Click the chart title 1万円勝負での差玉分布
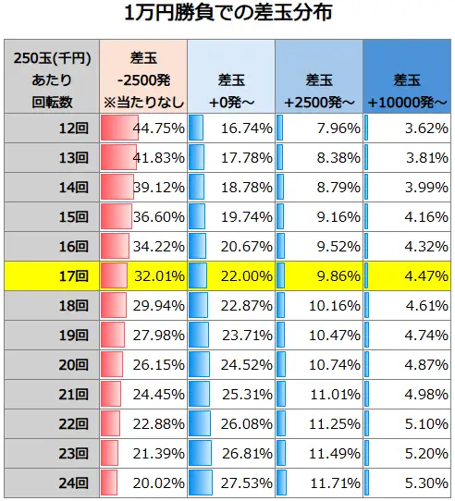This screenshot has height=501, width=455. pyautogui.click(x=227, y=15)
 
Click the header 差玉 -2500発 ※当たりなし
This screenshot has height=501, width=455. pyautogui.click(x=143, y=79)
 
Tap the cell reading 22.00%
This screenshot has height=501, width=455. pyautogui.click(x=246, y=275)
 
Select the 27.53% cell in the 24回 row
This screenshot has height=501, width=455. pyautogui.click(x=246, y=483)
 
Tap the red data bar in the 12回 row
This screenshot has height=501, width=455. pyautogui.click(x=117, y=128)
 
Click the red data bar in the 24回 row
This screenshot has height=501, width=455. pyautogui.click(x=109, y=483)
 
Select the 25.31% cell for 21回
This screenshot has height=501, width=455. pyautogui.click(x=246, y=394)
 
